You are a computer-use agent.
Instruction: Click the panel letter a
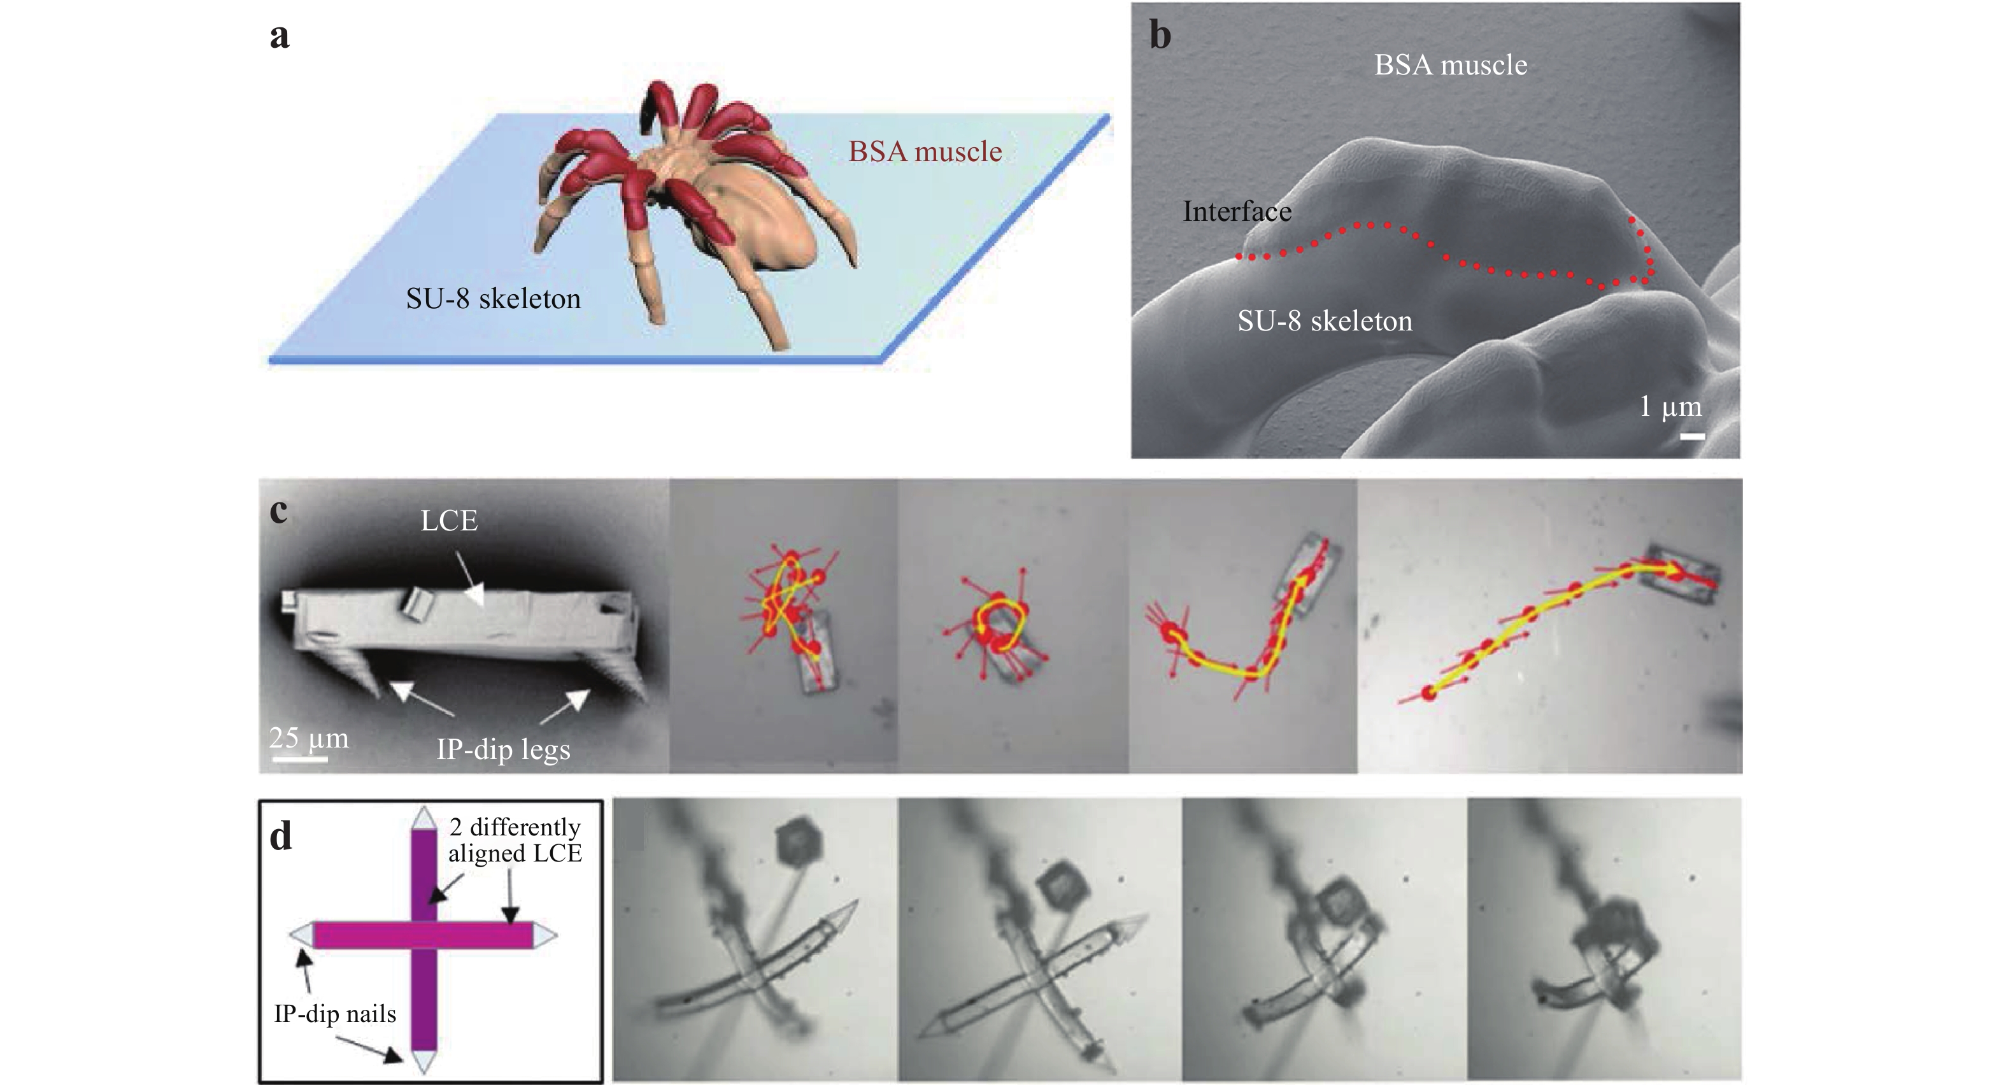(x=280, y=36)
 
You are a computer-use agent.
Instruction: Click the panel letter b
(x=1160, y=35)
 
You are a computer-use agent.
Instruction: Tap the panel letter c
(x=278, y=511)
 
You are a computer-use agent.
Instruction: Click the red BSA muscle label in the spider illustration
(x=925, y=151)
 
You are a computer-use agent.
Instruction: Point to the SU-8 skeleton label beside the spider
(x=493, y=299)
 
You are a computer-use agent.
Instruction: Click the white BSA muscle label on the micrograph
(x=1451, y=65)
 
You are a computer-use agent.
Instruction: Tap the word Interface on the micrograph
(x=1237, y=211)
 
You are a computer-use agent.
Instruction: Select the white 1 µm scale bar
(x=1692, y=436)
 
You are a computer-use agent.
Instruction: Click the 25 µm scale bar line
(x=299, y=757)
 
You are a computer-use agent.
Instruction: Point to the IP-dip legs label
(x=503, y=749)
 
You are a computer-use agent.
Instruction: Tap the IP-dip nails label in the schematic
(x=335, y=1013)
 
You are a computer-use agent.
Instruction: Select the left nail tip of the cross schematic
(x=290, y=935)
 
